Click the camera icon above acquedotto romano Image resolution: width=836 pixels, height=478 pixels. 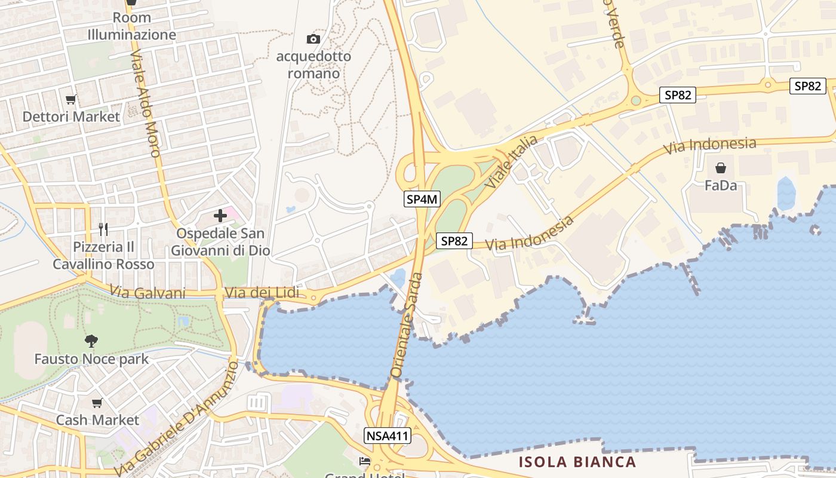[313, 39]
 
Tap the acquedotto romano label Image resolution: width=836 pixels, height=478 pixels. [314, 65]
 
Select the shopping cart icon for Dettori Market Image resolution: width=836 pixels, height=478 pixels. [71, 99]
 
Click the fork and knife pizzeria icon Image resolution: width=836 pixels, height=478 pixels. [103, 229]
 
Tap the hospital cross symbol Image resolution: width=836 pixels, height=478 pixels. [220, 216]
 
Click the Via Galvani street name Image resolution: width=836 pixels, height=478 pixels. [147, 292]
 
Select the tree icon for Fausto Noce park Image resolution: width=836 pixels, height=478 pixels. [91, 341]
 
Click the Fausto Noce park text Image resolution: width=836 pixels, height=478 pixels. [91, 359]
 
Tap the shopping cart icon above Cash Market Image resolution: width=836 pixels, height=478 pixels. [97, 403]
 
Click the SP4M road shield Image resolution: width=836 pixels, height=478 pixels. [422, 200]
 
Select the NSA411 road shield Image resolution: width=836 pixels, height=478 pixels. [387, 436]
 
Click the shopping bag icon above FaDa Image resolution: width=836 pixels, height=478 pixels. [721, 168]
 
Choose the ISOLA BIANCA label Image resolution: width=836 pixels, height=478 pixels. [577, 462]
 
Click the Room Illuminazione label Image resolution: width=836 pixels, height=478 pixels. [132, 26]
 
